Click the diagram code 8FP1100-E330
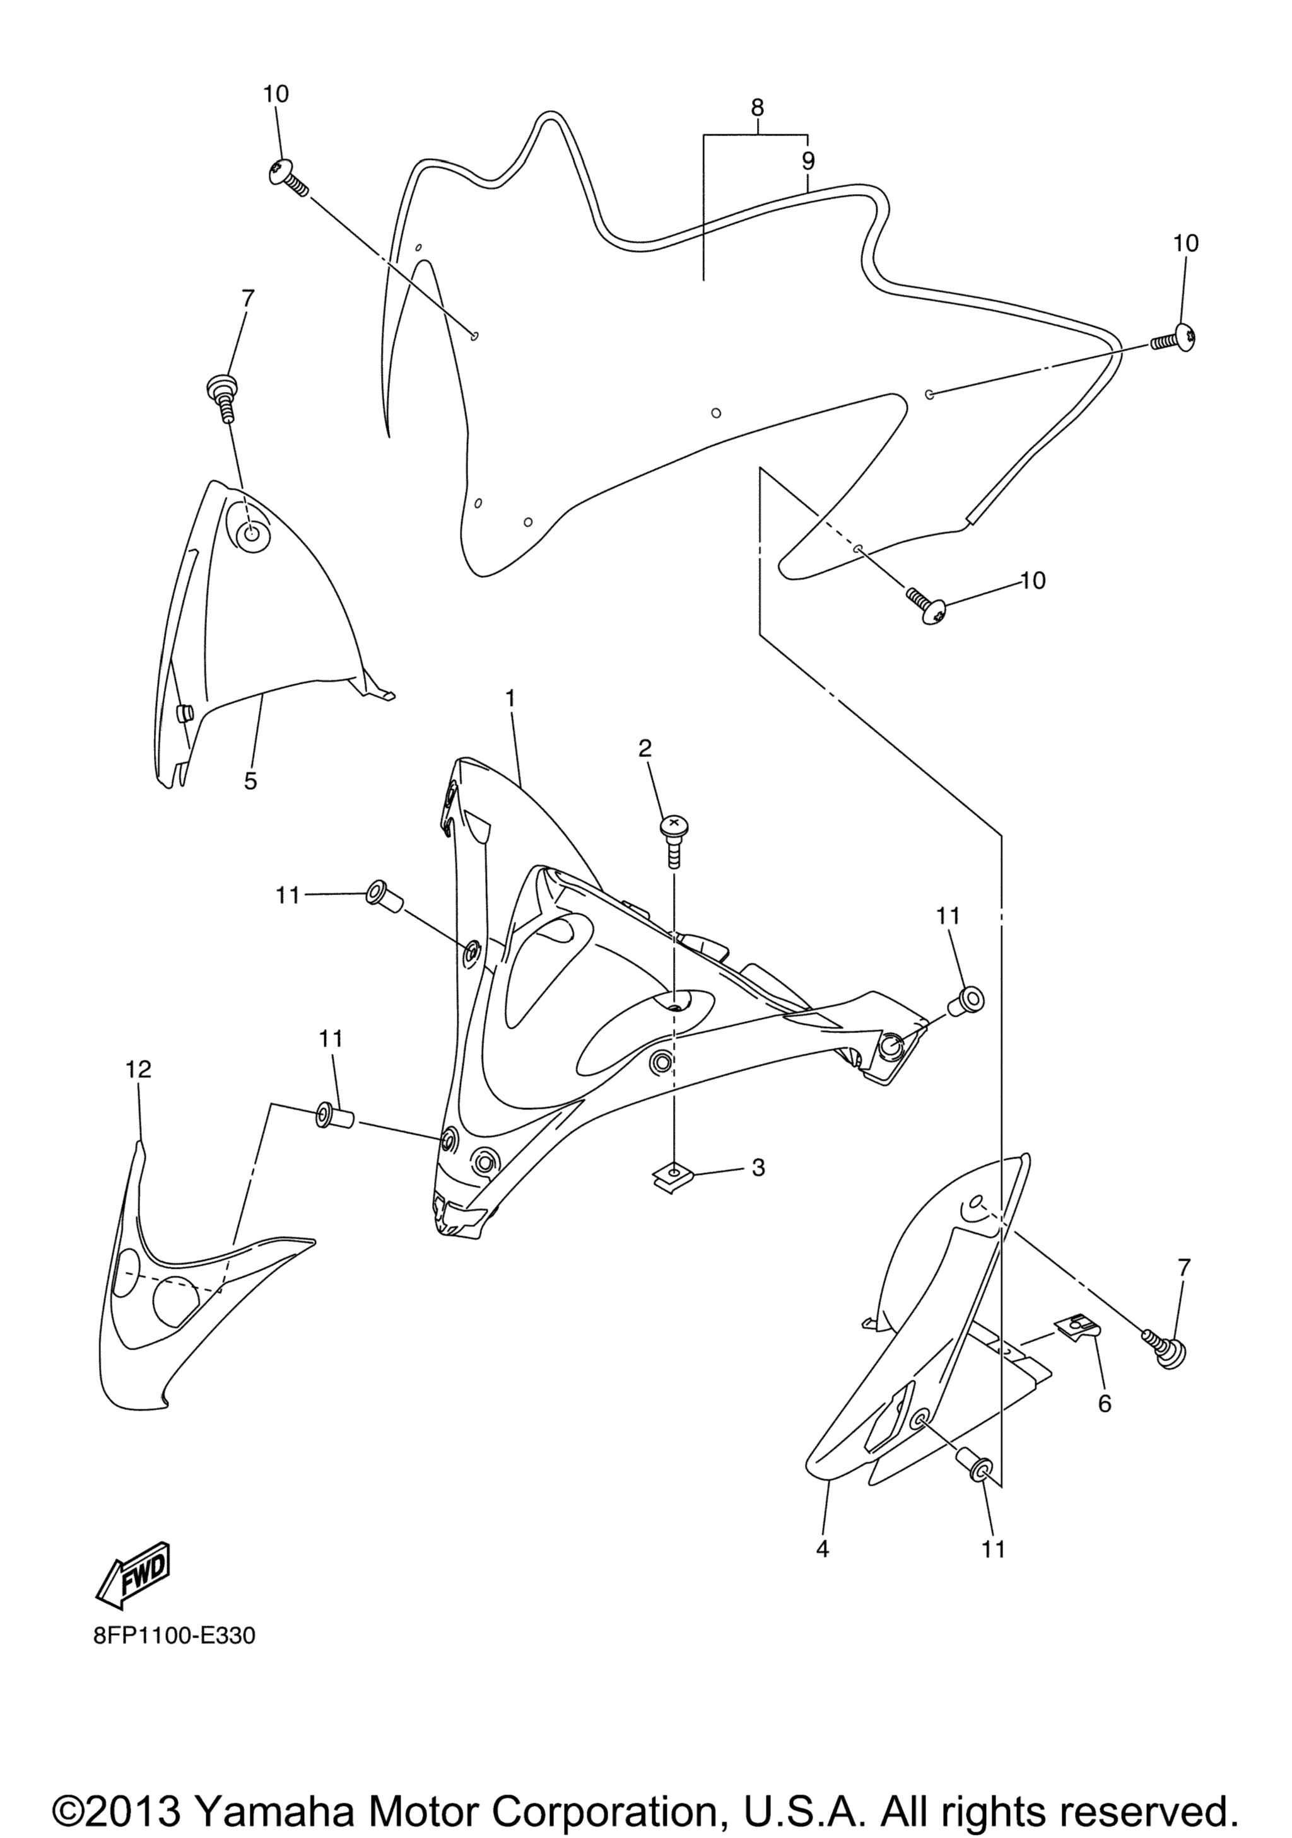(163, 1636)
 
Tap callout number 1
(510, 699)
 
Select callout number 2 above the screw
(645, 748)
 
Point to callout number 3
(758, 1168)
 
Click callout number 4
(822, 1550)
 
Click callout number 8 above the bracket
(757, 107)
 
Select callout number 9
(808, 161)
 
